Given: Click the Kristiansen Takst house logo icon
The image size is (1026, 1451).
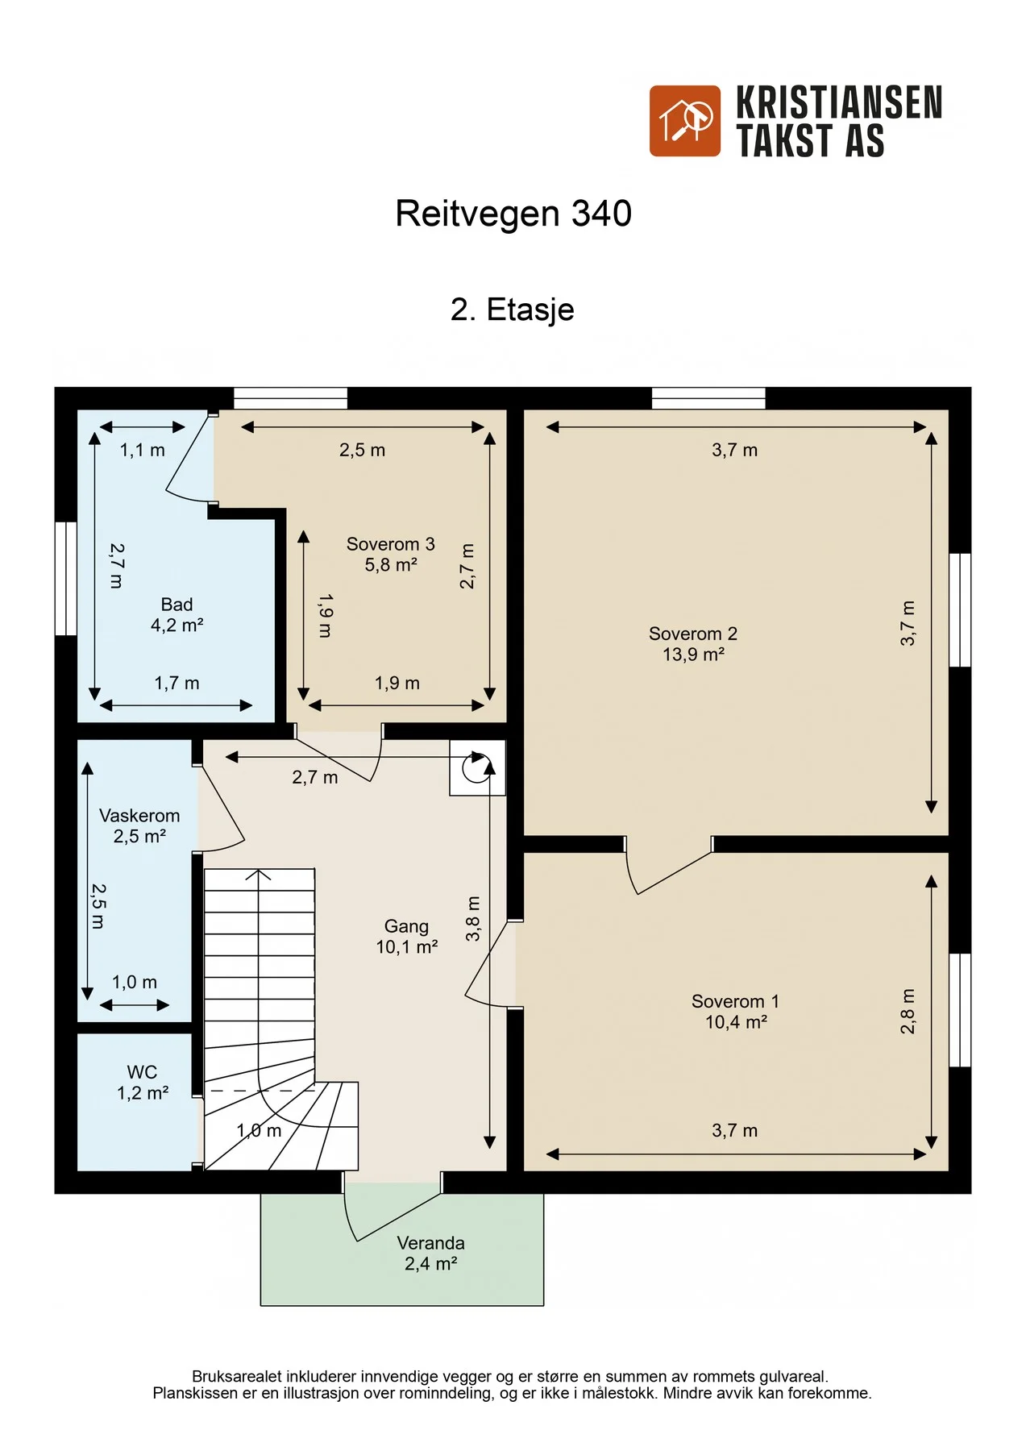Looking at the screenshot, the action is tap(685, 121).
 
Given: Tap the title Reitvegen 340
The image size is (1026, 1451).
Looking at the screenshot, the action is tap(513, 214).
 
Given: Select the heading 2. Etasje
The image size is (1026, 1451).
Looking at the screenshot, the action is tap(513, 310).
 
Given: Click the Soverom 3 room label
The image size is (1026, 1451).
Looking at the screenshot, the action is tap(391, 544).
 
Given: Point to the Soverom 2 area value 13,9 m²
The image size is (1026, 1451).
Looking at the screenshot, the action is tap(693, 655).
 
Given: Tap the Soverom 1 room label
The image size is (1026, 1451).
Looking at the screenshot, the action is tap(735, 1001).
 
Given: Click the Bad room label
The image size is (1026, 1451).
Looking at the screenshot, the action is tap(177, 605).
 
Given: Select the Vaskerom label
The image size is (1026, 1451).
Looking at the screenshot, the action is tap(139, 816).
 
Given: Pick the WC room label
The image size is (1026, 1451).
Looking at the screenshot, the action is tap(142, 1072).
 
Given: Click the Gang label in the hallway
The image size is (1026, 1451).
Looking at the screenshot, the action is tap(406, 927).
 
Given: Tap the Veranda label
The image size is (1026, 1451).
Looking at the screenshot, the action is tap(431, 1243).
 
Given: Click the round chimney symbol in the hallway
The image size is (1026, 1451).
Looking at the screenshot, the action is tap(476, 768).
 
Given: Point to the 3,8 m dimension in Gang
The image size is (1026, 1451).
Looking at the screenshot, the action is tap(473, 918).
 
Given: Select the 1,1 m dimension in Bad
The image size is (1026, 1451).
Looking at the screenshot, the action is tap(143, 451).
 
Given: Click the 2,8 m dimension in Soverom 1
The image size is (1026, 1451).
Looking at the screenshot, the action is tap(908, 1011).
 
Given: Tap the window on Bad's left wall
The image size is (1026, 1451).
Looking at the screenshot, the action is tap(66, 579).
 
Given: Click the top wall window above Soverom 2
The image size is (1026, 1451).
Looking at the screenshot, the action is tap(708, 398).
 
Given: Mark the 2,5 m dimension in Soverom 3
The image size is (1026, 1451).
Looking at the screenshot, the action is tap(362, 451).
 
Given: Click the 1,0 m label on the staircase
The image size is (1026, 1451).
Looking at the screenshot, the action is tap(259, 1131).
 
